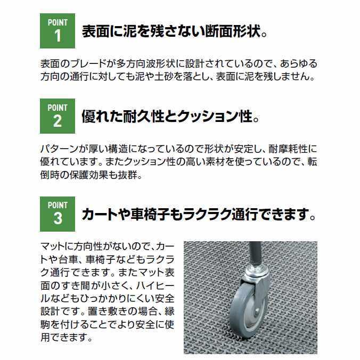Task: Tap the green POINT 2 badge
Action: pyautogui.click(x=58, y=116)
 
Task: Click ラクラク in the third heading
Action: pyautogui.click(x=222, y=214)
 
